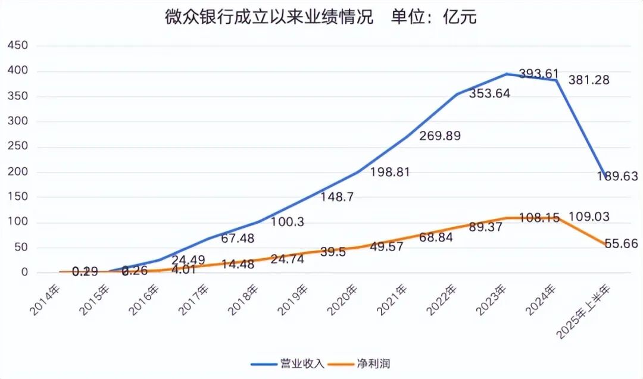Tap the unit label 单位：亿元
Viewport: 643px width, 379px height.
click(434, 18)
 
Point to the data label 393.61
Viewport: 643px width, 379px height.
click(539, 74)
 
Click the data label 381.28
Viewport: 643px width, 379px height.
click(589, 80)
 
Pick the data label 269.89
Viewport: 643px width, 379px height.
click(439, 136)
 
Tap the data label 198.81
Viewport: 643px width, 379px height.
click(391, 173)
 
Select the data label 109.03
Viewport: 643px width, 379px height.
click(589, 217)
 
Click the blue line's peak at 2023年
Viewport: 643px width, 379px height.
click(507, 74)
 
